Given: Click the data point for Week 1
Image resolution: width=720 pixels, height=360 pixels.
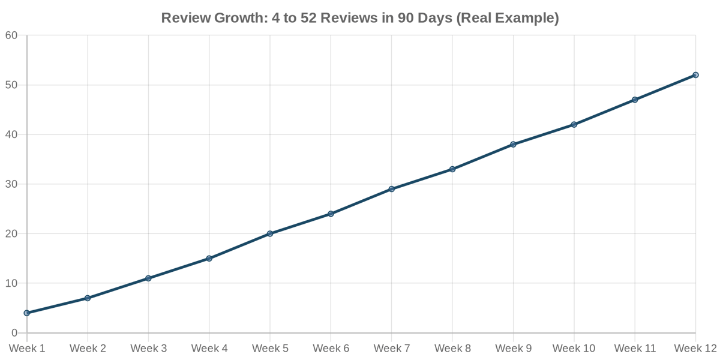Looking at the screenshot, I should [x=27, y=313].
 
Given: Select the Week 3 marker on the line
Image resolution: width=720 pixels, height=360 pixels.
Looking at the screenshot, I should [x=148, y=278].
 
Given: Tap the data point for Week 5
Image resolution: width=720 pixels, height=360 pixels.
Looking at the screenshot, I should [x=270, y=233].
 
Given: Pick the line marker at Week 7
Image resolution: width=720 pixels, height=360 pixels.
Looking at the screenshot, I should [x=392, y=189].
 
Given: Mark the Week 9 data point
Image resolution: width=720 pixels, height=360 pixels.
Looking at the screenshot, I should [x=513, y=145].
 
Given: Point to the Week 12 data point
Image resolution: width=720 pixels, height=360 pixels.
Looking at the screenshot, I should [x=695, y=75].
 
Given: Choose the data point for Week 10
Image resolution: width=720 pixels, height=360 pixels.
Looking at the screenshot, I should [x=574, y=125].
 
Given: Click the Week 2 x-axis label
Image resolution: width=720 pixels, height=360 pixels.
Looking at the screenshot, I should [x=88, y=349].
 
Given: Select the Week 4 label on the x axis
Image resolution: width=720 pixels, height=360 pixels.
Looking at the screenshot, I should [x=209, y=349].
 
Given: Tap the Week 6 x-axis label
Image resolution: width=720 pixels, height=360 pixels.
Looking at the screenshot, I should [x=331, y=349].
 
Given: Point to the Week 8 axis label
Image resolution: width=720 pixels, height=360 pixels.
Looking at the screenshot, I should [x=452, y=349].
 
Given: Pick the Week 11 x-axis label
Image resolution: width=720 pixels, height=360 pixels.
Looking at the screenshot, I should [x=635, y=349].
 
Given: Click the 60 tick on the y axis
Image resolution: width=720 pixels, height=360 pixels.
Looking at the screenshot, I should [x=11, y=35].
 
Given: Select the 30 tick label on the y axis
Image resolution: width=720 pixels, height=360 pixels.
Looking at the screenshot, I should [x=11, y=184].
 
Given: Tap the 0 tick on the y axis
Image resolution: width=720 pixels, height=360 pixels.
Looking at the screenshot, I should [x=14, y=333].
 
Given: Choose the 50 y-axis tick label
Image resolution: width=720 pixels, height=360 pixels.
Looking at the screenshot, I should [x=11, y=85].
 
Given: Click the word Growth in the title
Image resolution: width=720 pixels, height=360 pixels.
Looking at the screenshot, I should [x=233, y=19].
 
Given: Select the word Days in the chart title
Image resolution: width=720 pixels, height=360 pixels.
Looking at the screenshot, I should [x=434, y=19].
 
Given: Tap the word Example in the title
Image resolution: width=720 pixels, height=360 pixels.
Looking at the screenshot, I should [x=527, y=19].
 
